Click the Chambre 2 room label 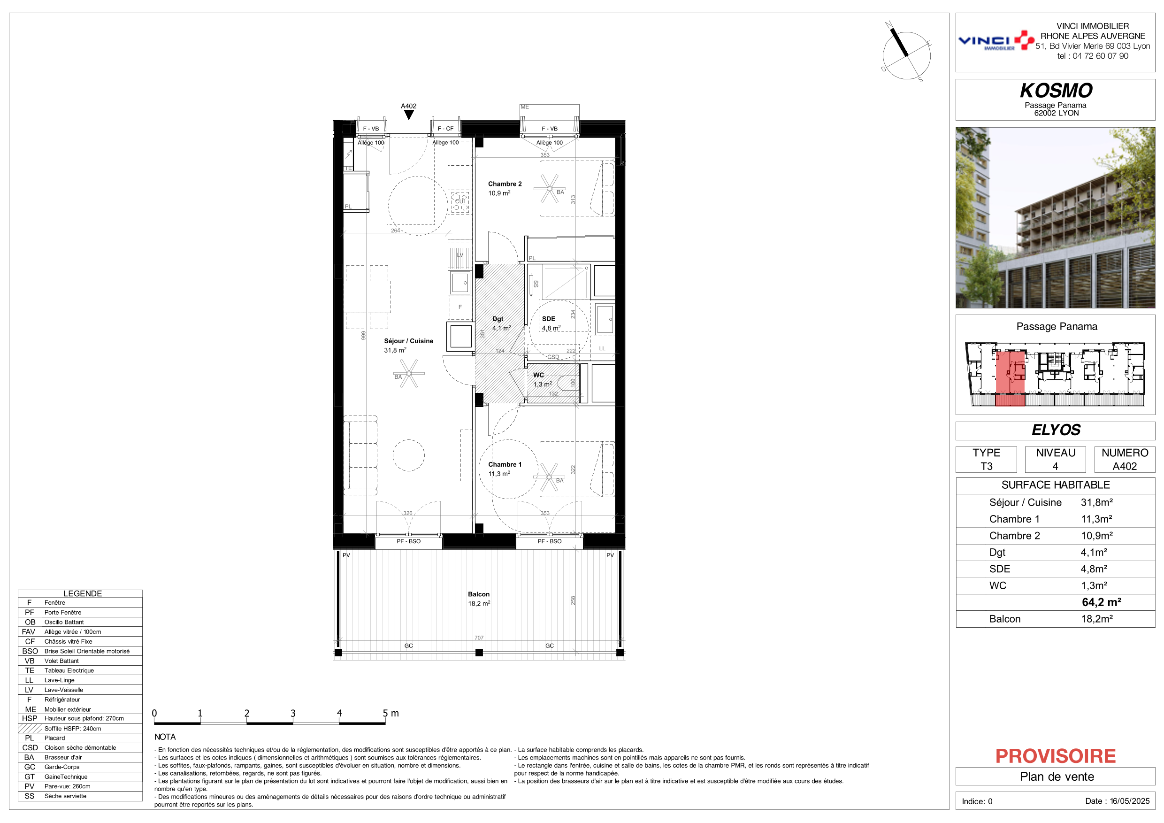(x=505, y=184)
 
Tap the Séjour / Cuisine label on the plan (x=409, y=341)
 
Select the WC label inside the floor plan (x=538, y=375)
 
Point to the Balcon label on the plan (x=479, y=594)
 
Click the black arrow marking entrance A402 (x=409, y=115)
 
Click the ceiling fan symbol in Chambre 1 (x=549, y=477)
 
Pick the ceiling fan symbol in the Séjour (x=409, y=374)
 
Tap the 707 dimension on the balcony (x=479, y=638)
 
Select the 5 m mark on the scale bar (x=391, y=714)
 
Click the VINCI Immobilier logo (x=996, y=40)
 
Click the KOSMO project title (x=1056, y=91)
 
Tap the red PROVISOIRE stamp (x=1056, y=756)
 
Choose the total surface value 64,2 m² (x=1101, y=602)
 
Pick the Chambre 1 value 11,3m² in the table (x=1096, y=519)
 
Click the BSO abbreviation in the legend (x=30, y=652)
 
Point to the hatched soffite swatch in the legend (x=30, y=729)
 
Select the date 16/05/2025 (x=1130, y=801)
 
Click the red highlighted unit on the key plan (x=1011, y=378)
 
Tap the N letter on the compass (x=888, y=24)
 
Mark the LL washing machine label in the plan (x=602, y=348)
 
